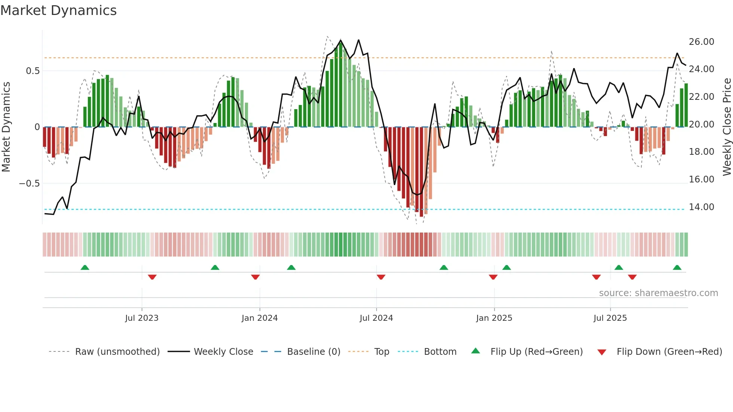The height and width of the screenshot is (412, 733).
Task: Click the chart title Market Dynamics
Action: click(x=59, y=10)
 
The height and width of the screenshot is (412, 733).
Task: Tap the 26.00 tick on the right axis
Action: click(x=701, y=42)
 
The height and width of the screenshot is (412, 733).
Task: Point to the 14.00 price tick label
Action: click(x=701, y=207)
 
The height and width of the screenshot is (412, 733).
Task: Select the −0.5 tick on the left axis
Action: click(x=29, y=183)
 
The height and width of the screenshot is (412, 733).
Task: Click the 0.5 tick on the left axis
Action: click(x=33, y=71)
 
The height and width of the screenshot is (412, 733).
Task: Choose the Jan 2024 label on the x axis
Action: click(x=260, y=318)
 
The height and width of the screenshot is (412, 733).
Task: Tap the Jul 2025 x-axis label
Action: click(x=610, y=318)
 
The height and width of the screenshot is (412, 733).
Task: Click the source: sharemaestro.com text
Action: click(x=658, y=293)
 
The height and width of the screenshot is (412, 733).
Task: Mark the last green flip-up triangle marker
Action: click(x=677, y=268)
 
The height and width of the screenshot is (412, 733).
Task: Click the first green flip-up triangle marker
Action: click(x=85, y=268)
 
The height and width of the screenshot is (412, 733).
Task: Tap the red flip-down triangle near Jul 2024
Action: click(x=381, y=277)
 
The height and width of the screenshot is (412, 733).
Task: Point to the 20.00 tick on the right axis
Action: click(x=701, y=124)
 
